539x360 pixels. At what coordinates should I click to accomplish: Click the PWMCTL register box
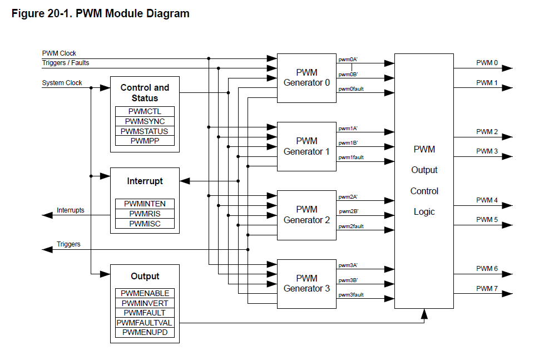(x=145, y=111)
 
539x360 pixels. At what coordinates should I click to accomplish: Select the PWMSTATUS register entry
(x=145, y=131)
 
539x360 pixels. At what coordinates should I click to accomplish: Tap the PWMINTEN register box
(x=145, y=204)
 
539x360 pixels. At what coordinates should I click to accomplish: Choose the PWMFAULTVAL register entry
(x=145, y=323)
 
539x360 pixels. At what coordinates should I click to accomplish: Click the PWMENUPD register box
(x=145, y=333)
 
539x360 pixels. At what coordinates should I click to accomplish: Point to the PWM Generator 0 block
(x=306, y=78)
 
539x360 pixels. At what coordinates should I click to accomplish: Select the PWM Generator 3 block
(x=306, y=283)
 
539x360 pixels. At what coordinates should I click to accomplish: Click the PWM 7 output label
(x=487, y=288)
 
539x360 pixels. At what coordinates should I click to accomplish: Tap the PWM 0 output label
(x=487, y=63)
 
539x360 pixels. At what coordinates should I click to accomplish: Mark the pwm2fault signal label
(x=351, y=226)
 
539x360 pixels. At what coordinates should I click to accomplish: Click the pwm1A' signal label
(x=348, y=128)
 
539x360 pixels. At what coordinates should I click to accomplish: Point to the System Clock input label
(x=62, y=83)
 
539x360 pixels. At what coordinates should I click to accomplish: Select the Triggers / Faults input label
(x=66, y=63)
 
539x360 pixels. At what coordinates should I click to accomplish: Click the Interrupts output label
(x=71, y=210)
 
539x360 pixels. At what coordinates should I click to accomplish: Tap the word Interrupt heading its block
(x=145, y=181)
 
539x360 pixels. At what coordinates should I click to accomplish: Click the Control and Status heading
(x=145, y=92)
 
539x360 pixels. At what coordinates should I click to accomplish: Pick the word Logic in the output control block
(x=424, y=211)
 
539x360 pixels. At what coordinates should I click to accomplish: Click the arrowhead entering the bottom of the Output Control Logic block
(x=424, y=315)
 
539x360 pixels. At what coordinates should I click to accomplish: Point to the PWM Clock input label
(x=59, y=53)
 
